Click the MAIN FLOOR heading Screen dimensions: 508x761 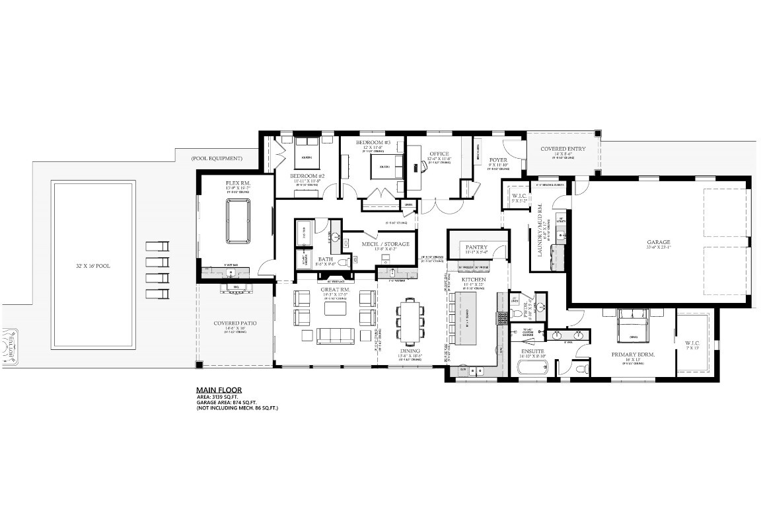(x=219, y=390)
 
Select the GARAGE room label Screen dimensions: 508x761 (x=658, y=242)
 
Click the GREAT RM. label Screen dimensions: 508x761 (x=336, y=290)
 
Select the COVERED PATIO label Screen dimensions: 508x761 (x=235, y=323)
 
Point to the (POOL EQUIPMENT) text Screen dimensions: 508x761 (x=216, y=159)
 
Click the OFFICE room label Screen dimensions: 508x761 (x=439, y=153)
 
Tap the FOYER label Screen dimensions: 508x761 (x=498, y=160)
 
